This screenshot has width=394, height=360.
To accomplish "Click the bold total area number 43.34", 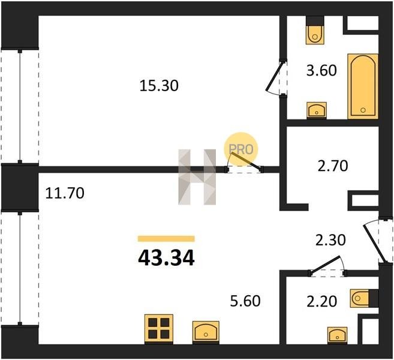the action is pos(166,258).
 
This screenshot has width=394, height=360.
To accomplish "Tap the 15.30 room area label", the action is pos(159,86).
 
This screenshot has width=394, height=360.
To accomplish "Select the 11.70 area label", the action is pos(65,193).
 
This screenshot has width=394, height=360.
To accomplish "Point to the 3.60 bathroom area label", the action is pos(321,70).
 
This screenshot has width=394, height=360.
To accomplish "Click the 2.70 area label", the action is pos(333,166).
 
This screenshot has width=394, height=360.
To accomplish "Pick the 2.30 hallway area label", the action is pos(330,240).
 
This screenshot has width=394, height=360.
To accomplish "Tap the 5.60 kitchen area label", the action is pos(245,301).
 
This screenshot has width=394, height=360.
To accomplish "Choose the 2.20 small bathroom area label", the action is pos(321,301).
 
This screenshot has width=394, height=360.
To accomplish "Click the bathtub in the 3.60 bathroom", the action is pos(363,86).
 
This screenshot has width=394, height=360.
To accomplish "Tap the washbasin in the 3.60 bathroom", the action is pos(317,110).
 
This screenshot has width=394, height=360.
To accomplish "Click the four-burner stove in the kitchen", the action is pos(159,328).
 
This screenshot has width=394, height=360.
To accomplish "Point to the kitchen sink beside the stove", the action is pos(206,332).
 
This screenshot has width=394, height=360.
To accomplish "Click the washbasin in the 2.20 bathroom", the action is pos(338,335).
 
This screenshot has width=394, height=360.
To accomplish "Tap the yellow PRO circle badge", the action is pos(240,149).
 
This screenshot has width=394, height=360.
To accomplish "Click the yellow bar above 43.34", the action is pos(166,238).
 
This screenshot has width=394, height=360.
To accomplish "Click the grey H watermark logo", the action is pos(197,177).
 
